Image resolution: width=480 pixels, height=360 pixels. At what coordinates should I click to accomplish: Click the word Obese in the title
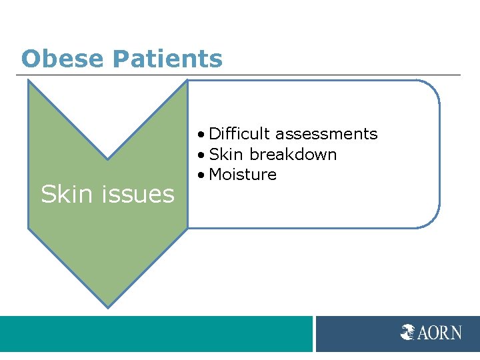click(x=61, y=59)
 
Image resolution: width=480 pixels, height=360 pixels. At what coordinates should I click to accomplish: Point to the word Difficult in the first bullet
click(x=239, y=134)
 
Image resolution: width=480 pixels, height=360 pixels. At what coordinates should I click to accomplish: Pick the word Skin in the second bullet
click(x=226, y=155)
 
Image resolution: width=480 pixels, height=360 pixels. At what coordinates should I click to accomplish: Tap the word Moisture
click(x=243, y=175)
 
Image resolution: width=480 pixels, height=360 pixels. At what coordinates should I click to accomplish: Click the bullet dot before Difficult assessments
click(x=201, y=135)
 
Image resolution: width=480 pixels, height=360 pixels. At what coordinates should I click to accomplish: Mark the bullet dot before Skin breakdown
click(x=201, y=155)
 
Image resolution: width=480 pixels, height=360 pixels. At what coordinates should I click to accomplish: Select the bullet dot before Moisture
click(x=201, y=175)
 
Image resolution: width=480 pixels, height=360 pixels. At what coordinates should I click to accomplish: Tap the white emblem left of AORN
click(x=408, y=331)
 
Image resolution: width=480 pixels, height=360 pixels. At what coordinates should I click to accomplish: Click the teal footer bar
click(x=156, y=333)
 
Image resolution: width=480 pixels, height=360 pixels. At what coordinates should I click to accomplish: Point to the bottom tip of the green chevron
click(x=107, y=307)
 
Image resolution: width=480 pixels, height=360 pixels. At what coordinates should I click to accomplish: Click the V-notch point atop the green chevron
click(x=107, y=159)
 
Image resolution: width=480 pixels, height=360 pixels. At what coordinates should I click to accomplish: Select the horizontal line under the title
click(x=240, y=75)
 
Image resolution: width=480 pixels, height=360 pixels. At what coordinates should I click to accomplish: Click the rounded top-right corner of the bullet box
click(x=432, y=88)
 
